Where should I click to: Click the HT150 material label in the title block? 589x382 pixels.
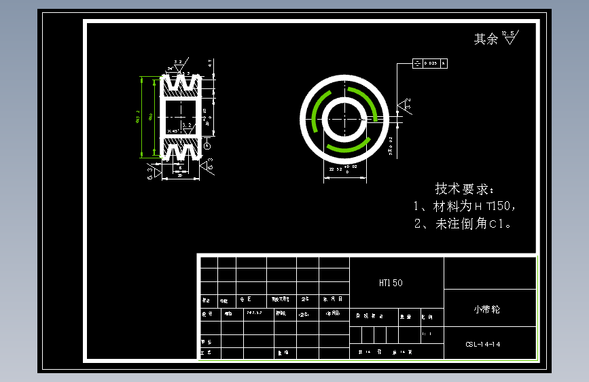[391, 283]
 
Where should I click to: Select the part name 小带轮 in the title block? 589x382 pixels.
[486, 309]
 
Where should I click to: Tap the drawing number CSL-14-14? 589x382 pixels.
[483, 345]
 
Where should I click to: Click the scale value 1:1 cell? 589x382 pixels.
[427, 334]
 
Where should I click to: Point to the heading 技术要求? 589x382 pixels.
[466, 189]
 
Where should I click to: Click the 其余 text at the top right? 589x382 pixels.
[485, 39]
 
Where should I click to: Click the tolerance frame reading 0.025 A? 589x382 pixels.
[429, 63]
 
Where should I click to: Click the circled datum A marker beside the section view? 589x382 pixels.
[207, 144]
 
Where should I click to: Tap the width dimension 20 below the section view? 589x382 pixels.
[179, 175]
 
